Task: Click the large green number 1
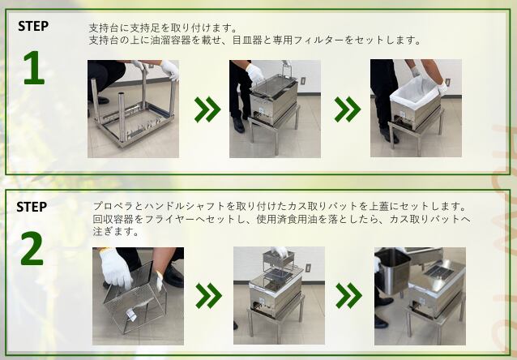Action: (34, 67)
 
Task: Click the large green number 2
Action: (32, 248)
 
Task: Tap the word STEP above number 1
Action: (33, 26)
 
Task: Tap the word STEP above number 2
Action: (32, 207)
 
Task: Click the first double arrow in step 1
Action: (207, 109)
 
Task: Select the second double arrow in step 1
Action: (348, 109)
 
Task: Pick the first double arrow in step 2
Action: (209, 296)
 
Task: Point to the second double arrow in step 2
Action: (348, 296)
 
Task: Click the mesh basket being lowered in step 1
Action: (273, 84)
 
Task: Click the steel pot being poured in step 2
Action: (393, 272)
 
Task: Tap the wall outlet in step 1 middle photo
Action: (303, 82)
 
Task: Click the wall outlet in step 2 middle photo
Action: (308, 268)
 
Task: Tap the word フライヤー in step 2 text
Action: (176, 219)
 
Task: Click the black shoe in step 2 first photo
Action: (173, 275)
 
